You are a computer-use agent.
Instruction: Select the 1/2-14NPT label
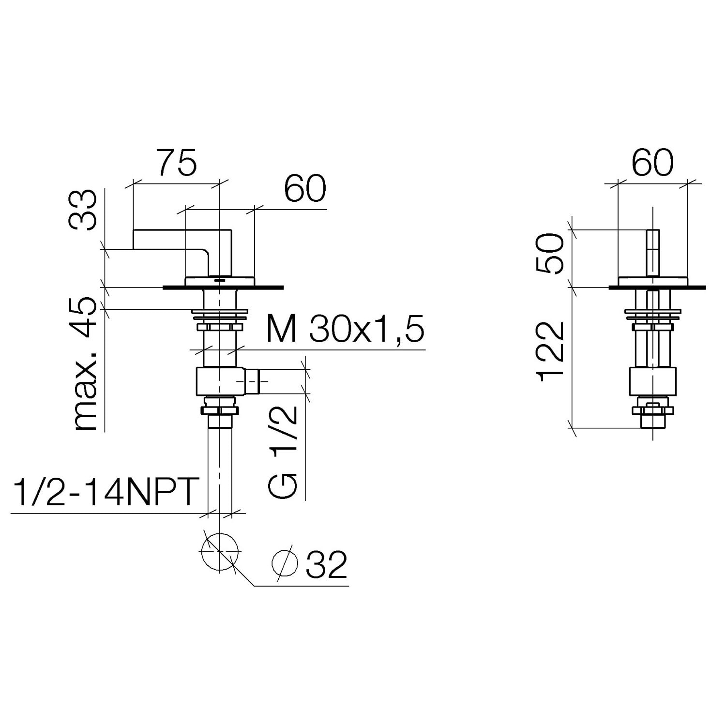[x=105, y=492]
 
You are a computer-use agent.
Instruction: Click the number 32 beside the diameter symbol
[x=327, y=564]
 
